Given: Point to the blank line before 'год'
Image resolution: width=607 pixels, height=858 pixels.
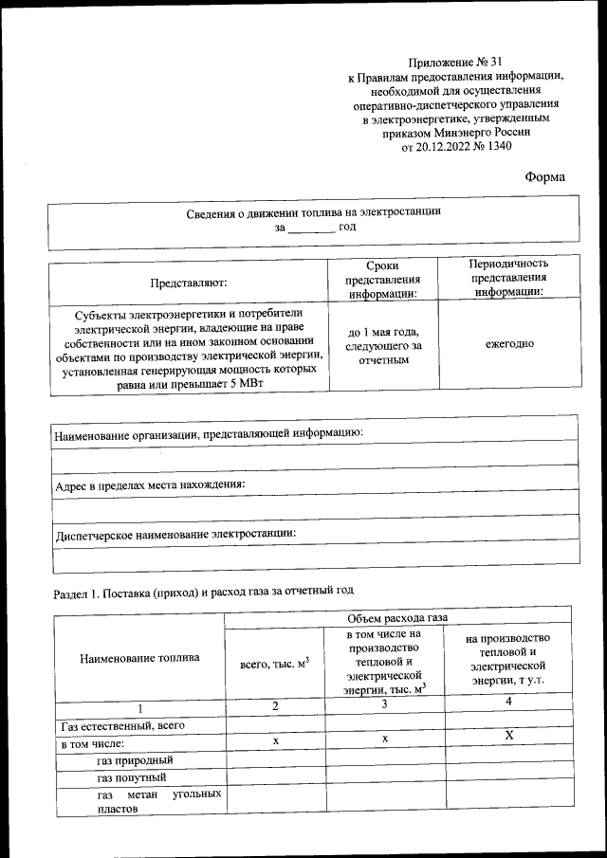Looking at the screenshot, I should pos(311,228).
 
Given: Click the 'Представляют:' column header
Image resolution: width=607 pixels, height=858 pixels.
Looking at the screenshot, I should pos(188,282).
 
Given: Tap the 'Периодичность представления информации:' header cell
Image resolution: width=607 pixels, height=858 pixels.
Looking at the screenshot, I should pos(508,277).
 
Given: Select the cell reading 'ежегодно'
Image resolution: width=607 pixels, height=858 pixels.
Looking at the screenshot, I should pos(508,343).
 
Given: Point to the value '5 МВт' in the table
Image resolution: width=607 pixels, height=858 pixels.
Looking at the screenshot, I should pos(246,382).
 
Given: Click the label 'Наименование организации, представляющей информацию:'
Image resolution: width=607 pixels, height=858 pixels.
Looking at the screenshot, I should pos(209,432).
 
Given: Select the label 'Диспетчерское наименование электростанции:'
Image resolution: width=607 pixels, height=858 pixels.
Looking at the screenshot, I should pos(175,534).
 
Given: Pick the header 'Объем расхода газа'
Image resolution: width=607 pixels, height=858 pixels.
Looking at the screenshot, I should pos(402,617).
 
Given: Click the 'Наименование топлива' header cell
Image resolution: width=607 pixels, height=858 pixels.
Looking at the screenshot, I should pos(139,657).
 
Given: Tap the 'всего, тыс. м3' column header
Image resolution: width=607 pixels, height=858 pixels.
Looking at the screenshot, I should pos(275,662).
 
